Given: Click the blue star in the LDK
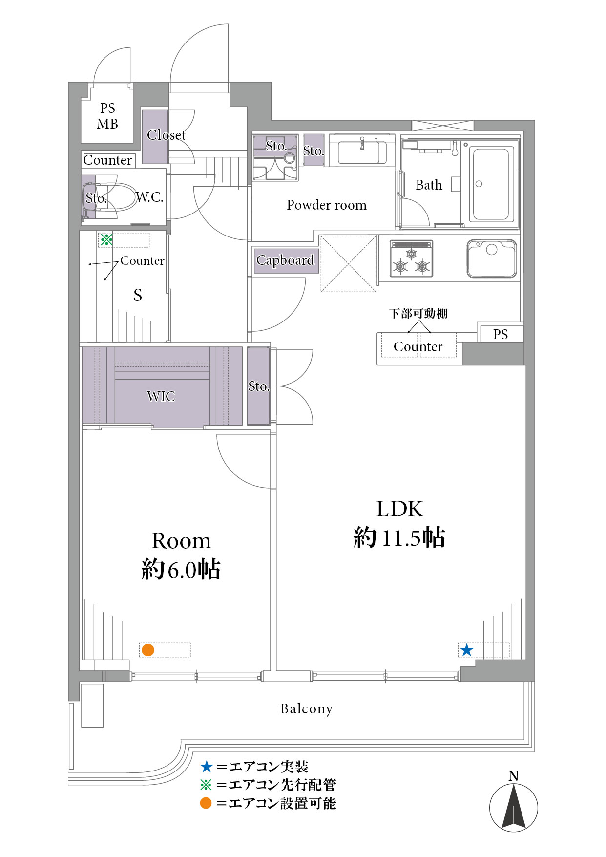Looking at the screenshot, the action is pyautogui.click(x=467, y=650).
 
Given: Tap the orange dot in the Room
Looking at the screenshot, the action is pyautogui.click(x=148, y=650).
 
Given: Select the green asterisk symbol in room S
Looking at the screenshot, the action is pyautogui.click(x=106, y=239).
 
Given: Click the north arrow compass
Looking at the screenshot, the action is pyautogui.click(x=514, y=807).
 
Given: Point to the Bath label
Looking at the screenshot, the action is pyautogui.click(x=429, y=185).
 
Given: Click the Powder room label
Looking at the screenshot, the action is pyautogui.click(x=327, y=205).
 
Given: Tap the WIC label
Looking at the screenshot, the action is pyautogui.click(x=161, y=396).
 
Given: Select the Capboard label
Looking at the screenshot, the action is pyautogui.click(x=285, y=260).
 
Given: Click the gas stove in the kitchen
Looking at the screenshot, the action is pyautogui.click(x=412, y=259).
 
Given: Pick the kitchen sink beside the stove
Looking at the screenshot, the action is pyautogui.click(x=492, y=258).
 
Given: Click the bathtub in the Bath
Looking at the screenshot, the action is pyautogui.click(x=491, y=184).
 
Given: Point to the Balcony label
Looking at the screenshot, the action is pyautogui.click(x=307, y=709).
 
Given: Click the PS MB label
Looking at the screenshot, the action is pyautogui.click(x=107, y=116).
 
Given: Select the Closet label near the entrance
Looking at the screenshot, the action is pyautogui.click(x=167, y=135).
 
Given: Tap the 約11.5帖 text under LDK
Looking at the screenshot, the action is pyautogui.click(x=399, y=537).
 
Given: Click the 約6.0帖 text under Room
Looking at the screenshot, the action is pyautogui.click(x=181, y=570).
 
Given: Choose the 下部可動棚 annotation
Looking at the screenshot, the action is pyautogui.click(x=418, y=313).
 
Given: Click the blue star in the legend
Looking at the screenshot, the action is pyautogui.click(x=207, y=767).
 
